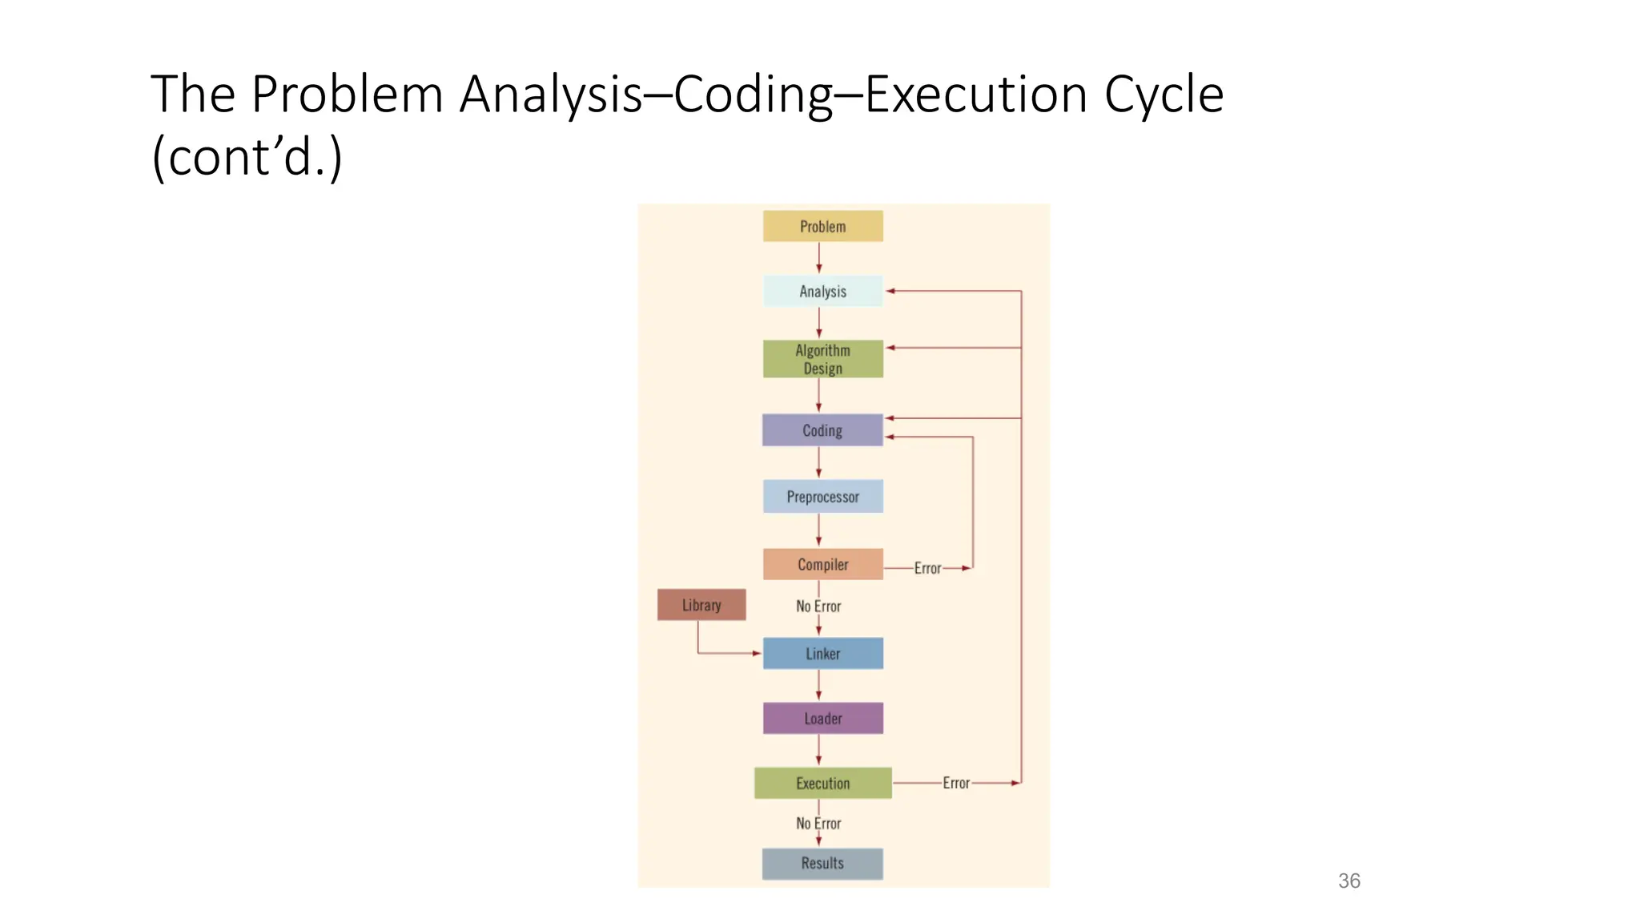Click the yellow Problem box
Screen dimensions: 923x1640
[x=822, y=226]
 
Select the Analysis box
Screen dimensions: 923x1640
[x=822, y=291]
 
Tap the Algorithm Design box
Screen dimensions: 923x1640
[x=822, y=359]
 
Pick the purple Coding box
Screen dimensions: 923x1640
[x=822, y=430]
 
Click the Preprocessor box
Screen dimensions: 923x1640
[x=822, y=497]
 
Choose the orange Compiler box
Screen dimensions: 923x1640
[x=822, y=564]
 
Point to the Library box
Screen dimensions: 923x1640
[x=701, y=605]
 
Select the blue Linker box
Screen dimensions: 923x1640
[x=822, y=653]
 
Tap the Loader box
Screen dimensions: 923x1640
[x=822, y=718]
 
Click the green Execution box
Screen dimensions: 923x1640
[x=822, y=783]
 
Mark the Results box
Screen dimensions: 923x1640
[x=822, y=863]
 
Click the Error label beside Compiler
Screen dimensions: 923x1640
[x=927, y=568]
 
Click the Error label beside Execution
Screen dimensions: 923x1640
[x=955, y=783]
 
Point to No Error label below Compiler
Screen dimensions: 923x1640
[x=818, y=607]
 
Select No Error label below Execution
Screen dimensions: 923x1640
[x=818, y=823]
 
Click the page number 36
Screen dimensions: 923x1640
[x=1349, y=881]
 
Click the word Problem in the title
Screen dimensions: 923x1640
[x=347, y=95]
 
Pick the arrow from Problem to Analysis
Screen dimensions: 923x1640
[x=818, y=258]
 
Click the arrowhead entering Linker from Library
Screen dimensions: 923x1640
[x=756, y=653]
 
